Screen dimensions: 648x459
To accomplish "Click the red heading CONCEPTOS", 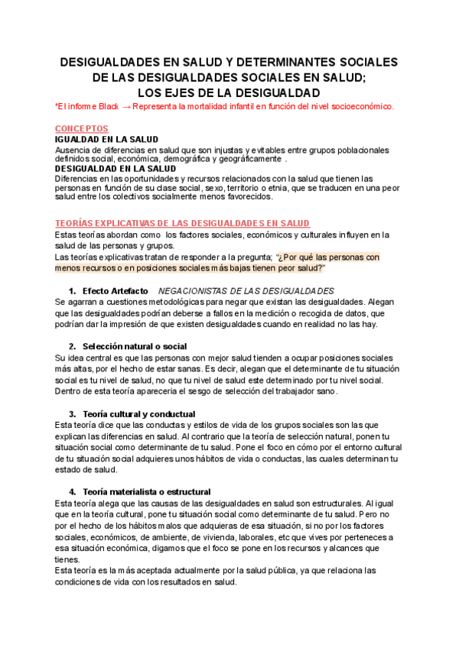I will click(82, 128).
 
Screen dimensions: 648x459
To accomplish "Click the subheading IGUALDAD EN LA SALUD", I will click(106, 139).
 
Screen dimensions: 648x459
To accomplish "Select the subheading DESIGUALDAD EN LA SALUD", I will click(116, 168).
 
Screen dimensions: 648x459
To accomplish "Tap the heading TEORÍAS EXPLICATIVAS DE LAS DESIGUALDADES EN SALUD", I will click(182, 222).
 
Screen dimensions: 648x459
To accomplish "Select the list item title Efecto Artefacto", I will click(116, 291).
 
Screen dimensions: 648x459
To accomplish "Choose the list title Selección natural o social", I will click(135, 346).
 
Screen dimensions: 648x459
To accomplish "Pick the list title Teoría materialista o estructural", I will click(146, 491).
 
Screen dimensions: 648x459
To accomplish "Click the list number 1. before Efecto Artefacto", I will click(73, 291).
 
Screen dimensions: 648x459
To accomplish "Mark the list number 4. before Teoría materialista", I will click(73, 491).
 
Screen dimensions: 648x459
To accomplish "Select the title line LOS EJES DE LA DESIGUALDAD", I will click(229, 91).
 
